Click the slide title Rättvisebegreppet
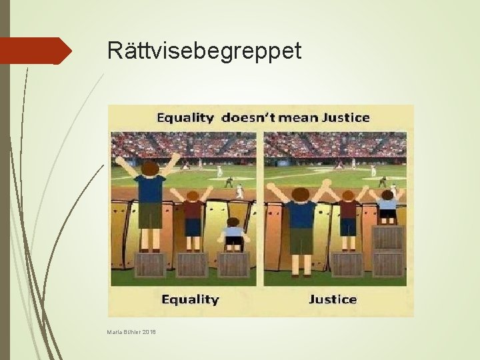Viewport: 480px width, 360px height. click(204, 50)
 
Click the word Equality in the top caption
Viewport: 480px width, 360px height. click(185, 118)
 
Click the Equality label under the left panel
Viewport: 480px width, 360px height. click(190, 299)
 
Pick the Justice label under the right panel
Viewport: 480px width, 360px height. click(332, 299)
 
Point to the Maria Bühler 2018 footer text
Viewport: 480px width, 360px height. click(131, 332)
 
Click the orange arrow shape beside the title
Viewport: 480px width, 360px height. click(36, 51)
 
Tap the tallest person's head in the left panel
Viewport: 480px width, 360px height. click(151, 167)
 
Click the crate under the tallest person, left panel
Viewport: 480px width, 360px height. click(150, 265)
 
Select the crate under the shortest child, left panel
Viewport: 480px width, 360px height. click(233, 265)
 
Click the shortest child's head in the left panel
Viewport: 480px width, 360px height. click(233, 222)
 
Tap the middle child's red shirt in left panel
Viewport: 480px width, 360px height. click(193, 210)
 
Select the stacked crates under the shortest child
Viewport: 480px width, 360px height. click(387, 251)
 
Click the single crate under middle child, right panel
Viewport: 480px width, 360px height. click(347, 265)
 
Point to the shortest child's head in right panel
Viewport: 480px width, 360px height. click(387, 195)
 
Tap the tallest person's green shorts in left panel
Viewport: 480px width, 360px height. click(150, 215)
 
